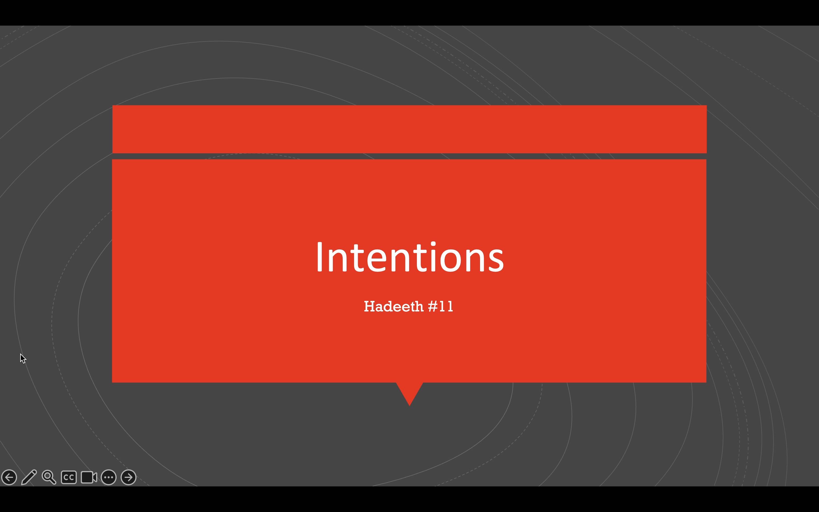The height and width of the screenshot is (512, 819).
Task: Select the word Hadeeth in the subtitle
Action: pos(394,306)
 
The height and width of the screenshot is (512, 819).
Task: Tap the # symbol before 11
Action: pos(433,306)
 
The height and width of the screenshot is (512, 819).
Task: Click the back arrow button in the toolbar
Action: pos(9,477)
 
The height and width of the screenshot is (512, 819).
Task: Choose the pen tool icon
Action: pos(29,477)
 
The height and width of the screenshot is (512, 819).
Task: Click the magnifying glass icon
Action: pos(49,477)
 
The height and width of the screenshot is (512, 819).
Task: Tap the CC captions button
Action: pos(69,477)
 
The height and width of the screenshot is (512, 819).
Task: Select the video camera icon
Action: pos(89,477)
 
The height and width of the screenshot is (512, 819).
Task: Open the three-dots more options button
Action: pos(109,477)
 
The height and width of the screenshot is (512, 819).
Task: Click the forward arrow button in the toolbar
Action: pos(129,477)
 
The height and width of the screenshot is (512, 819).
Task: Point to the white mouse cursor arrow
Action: pos(22,358)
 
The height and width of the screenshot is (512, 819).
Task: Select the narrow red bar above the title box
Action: pos(409,129)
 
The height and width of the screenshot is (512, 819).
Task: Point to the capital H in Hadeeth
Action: pos(370,306)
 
